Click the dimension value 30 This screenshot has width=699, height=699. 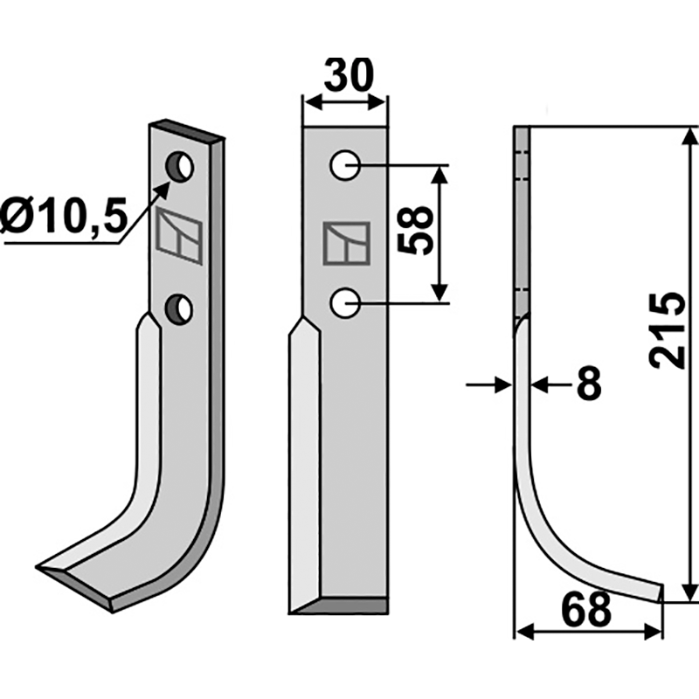point(348,75)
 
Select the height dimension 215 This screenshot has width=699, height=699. point(667,330)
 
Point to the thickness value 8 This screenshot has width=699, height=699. point(589,383)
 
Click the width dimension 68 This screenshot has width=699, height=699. point(586,609)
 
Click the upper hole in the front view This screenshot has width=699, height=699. point(345,165)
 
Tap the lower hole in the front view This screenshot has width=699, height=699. point(345,303)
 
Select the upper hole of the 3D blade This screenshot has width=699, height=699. point(179,167)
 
